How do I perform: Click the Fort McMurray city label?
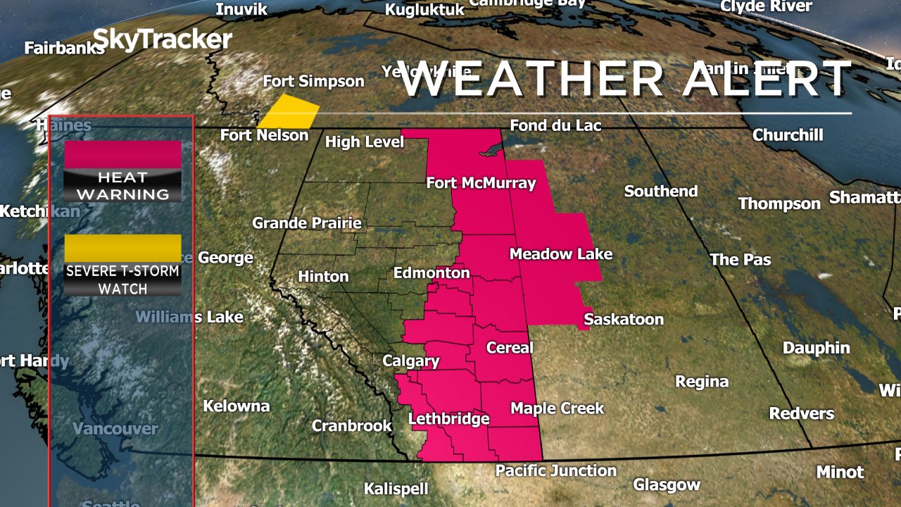481,184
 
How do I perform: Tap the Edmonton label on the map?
431,273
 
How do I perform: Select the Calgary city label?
410,362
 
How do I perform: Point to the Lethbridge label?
448,420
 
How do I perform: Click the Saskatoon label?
624,320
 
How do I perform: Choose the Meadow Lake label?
560,254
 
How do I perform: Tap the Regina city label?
701,382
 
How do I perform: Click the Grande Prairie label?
307,223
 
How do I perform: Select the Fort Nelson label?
264,135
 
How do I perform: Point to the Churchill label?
787,134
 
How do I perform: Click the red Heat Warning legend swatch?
122,154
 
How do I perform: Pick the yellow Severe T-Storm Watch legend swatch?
122,248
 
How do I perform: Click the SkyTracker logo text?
162,39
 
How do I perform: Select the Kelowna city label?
237,406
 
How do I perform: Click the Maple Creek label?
557,408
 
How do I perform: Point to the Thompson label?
779,204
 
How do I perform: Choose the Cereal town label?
510,348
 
